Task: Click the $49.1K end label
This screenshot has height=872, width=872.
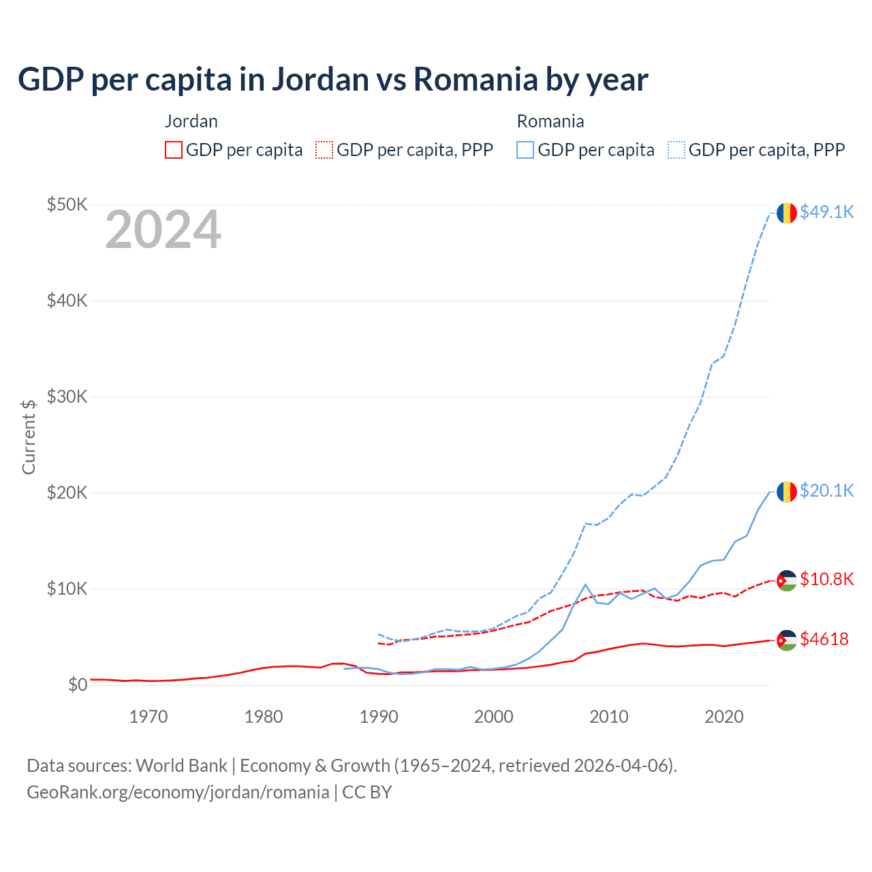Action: [826, 212]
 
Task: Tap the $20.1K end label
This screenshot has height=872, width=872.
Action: [826, 490]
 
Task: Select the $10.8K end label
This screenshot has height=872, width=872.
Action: [826, 579]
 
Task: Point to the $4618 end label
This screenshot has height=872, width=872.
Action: [824, 639]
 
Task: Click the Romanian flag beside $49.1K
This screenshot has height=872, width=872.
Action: [787, 213]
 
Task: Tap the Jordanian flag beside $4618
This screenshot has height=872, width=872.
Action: [787, 640]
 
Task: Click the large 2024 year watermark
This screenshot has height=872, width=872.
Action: [163, 230]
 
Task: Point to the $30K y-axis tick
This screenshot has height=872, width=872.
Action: [67, 396]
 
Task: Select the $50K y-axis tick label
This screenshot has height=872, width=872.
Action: [67, 204]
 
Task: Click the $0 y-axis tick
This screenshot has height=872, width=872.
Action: [78, 685]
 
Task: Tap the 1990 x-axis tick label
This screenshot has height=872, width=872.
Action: [379, 717]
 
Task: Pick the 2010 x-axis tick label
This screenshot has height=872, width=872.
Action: [609, 717]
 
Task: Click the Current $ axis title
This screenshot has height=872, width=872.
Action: [29, 437]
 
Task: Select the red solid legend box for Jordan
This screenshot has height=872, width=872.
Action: [174, 150]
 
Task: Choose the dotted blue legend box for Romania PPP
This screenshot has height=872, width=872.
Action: [676, 150]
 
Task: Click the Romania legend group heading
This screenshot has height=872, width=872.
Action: [550, 121]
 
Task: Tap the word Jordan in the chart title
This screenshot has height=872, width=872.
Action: [321, 79]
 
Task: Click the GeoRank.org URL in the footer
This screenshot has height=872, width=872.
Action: [178, 792]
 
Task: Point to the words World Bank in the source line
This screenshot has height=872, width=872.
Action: [181, 766]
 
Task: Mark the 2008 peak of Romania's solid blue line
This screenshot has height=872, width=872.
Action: [585, 585]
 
